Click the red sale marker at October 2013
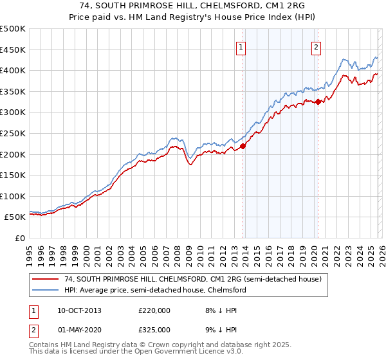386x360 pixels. point(243,146)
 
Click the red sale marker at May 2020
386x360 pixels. point(318,102)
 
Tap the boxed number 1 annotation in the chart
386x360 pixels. point(241,46)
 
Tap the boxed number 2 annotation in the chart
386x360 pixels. point(317,46)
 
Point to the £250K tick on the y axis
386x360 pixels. point(13,133)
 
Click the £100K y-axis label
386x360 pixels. point(13,196)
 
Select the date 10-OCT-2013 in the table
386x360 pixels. point(79,310)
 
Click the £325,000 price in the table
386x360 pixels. point(154,329)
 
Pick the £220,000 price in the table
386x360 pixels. point(154,310)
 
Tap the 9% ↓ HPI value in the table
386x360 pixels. point(220,329)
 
